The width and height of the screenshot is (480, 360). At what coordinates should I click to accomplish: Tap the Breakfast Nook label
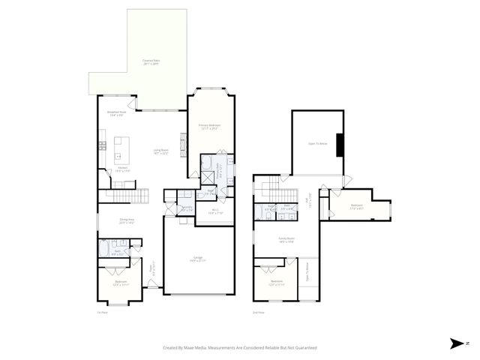tap(115, 115)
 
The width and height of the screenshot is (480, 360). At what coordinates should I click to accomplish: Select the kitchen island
tap(121, 150)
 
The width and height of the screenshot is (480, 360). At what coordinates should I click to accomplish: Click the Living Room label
tap(160, 151)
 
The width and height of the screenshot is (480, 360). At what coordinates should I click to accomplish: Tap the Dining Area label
tap(126, 220)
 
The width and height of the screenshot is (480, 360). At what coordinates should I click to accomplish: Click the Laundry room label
tap(187, 209)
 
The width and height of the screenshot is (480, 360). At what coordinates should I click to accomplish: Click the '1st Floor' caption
tap(103, 312)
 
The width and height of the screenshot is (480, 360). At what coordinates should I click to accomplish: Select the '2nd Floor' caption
tap(259, 312)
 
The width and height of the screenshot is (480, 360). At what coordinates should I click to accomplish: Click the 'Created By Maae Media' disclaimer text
tap(240, 348)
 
